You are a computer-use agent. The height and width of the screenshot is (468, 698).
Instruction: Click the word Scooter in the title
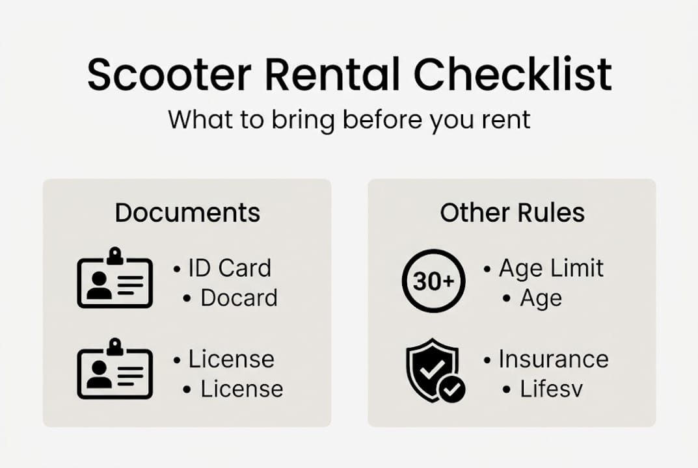[170, 74]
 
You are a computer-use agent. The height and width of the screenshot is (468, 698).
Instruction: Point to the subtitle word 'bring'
[302, 120]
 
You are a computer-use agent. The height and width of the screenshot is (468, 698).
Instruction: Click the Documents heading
[187, 213]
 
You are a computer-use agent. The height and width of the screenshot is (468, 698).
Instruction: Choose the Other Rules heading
[513, 213]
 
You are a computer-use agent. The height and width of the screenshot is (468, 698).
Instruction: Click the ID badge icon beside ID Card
[115, 278]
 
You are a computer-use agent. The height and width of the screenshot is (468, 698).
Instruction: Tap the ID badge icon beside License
[115, 369]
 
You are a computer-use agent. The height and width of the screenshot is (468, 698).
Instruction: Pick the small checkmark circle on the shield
[452, 390]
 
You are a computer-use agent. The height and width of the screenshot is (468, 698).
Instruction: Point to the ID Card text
[230, 268]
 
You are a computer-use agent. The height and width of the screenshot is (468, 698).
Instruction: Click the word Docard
[239, 298]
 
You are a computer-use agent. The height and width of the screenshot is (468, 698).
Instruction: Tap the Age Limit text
[551, 268]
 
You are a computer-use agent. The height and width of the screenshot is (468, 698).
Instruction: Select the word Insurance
[554, 359]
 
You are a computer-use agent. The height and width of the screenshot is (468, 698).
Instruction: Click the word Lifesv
[552, 389]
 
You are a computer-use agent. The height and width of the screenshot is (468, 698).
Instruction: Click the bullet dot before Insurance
[487, 360]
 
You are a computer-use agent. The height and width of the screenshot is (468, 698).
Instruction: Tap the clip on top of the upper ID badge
[115, 256]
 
